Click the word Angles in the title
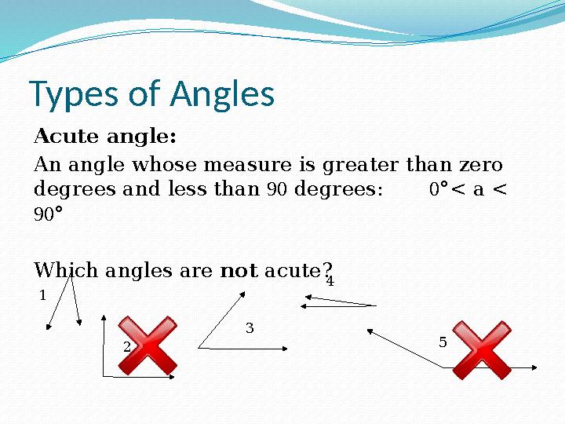point(222,95)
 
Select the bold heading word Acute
point(69,137)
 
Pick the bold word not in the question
point(239,272)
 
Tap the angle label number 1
point(42,296)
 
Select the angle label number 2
point(126,346)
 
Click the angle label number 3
point(250,327)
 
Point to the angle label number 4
point(330,281)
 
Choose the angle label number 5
point(443,342)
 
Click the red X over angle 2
point(148,345)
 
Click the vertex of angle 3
point(199,346)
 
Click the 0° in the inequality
point(439,189)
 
